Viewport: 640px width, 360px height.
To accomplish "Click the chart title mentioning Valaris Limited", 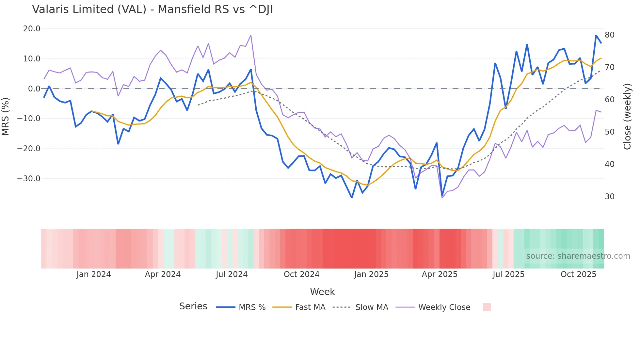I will (152, 9).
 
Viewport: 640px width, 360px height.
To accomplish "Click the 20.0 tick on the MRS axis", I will (32, 29).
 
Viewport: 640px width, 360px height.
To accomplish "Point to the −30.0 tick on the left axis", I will (29, 179).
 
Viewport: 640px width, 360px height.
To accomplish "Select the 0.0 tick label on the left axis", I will (34, 89).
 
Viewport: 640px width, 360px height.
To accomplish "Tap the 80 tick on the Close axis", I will (609, 35).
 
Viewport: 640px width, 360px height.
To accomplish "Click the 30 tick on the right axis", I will (609, 197).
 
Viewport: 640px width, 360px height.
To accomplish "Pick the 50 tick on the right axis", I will (609, 132).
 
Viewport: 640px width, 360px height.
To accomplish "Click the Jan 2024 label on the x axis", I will (94, 274).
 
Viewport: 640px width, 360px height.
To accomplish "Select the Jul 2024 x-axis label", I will (232, 274).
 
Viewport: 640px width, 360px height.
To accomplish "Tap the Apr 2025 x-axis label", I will (440, 274).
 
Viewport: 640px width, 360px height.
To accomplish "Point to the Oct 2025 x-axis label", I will (578, 274).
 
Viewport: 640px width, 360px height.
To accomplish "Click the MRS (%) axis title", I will (6, 117).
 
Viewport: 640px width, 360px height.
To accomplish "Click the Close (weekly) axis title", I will (627, 117).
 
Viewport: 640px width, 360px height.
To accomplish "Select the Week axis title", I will (322, 292).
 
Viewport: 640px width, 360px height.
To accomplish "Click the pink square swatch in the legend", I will (487, 307).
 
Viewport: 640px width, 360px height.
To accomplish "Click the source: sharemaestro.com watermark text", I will (578, 256).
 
